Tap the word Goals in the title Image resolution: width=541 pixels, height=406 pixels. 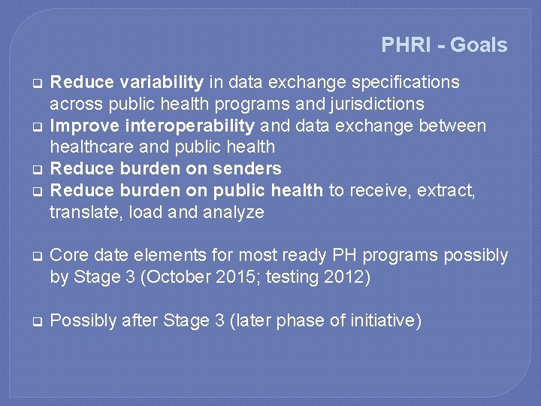point(479,45)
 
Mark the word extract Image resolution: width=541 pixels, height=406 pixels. point(446,190)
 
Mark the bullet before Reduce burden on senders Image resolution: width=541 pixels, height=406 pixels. point(35,168)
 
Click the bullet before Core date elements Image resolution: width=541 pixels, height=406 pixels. point(35,256)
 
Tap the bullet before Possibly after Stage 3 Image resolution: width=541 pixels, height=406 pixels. point(35,321)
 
